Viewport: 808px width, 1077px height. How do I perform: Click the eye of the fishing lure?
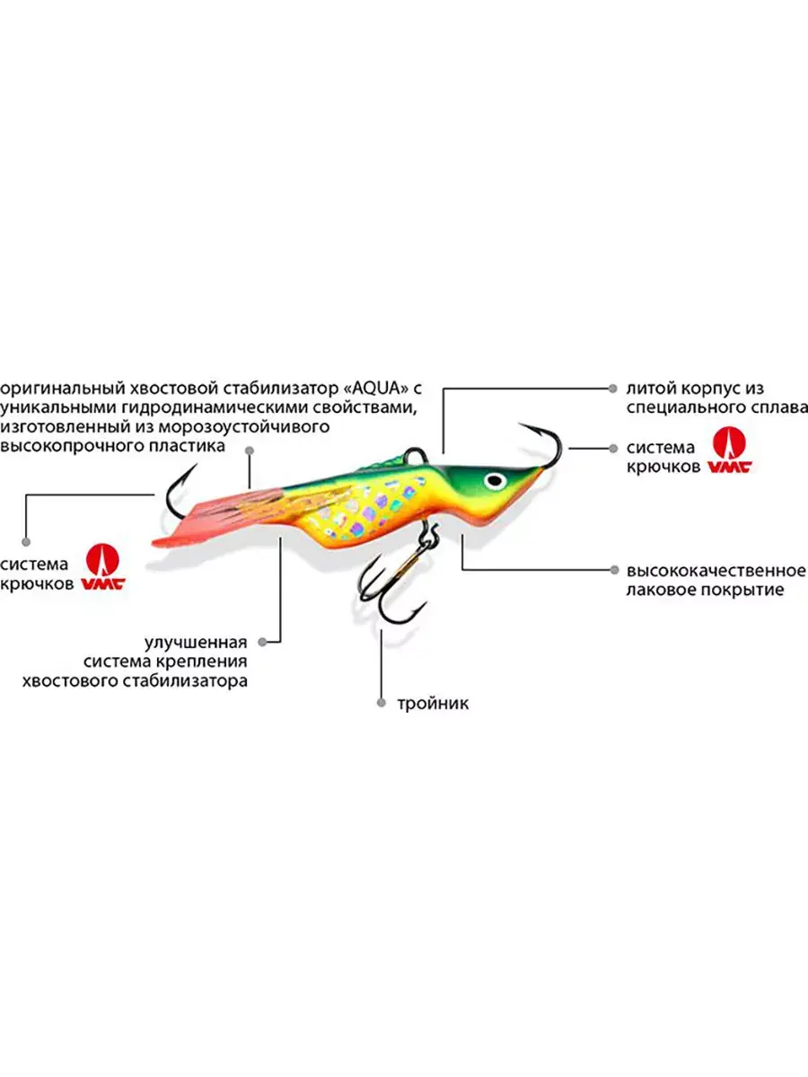click(495, 480)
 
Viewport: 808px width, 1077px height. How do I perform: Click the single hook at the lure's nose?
click(546, 444)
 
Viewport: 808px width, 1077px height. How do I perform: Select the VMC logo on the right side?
click(729, 450)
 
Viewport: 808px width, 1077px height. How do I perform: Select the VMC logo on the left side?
click(102, 566)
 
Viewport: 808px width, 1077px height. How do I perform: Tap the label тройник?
click(433, 704)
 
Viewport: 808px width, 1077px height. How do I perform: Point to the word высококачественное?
click(716, 570)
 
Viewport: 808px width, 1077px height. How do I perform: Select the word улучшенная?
click(196, 642)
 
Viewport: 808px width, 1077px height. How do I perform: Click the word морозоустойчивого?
click(243, 427)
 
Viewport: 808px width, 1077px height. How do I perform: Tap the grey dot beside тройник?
click(382, 703)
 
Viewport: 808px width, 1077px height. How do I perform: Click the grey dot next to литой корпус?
click(613, 389)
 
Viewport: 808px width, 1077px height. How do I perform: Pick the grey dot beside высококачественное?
click(614, 570)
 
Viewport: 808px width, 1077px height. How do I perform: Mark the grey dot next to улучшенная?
click(262, 642)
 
